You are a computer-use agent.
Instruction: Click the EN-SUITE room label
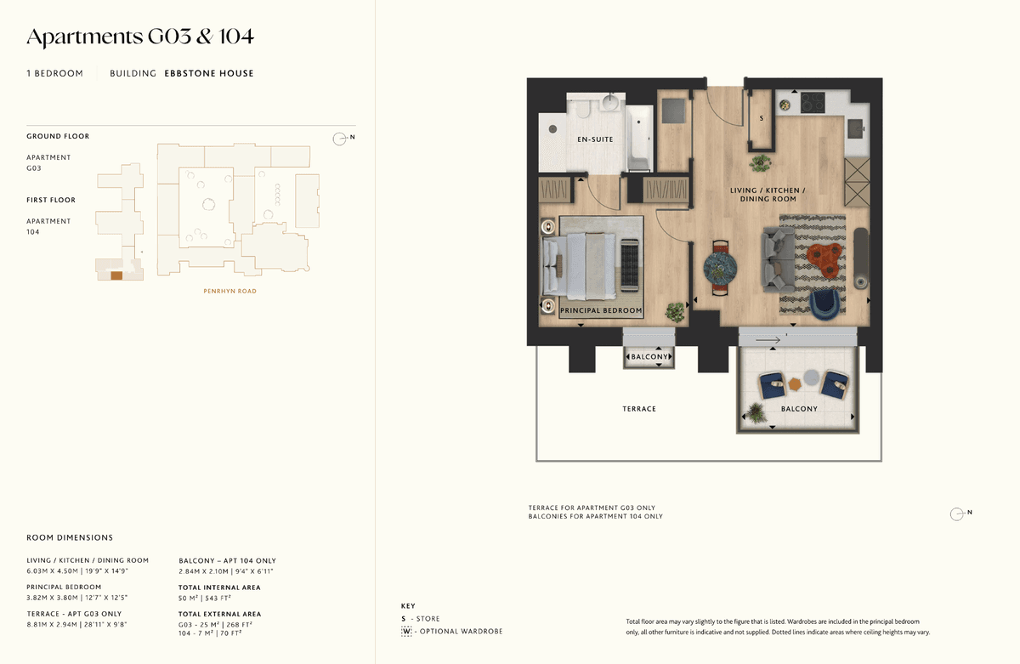595,139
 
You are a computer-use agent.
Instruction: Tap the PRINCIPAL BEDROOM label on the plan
601,310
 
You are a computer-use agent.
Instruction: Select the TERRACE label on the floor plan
639,409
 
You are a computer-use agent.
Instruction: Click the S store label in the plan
762,118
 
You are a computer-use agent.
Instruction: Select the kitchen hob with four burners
813,103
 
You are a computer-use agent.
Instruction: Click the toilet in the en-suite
584,108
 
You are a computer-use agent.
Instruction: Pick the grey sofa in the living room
778,260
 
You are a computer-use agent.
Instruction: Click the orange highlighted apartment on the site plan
116,275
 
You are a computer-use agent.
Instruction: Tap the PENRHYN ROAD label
230,292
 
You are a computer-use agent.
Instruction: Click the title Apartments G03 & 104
140,37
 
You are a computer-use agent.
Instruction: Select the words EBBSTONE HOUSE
209,73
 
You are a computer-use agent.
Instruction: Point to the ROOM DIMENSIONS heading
70,538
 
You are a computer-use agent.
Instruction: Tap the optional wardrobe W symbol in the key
406,632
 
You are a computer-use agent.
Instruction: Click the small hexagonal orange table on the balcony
795,384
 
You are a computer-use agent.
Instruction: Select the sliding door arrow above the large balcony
768,340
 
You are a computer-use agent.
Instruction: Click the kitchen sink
856,128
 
